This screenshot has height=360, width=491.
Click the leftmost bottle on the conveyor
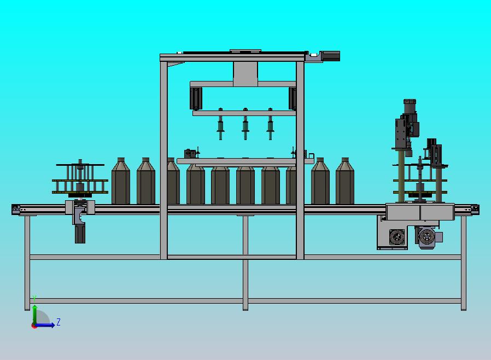(x=121, y=181)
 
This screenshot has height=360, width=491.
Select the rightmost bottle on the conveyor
(x=345, y=181)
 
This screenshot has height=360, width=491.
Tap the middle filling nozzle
(x=245, y=124)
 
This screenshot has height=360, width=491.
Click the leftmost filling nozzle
(x=220, y=124)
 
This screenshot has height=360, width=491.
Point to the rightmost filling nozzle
(x=270, y=124)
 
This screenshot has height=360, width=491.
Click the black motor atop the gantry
(x=329, y=56)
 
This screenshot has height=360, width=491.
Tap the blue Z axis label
(x=59, y=322)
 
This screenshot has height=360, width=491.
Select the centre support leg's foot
(x=245, y=309)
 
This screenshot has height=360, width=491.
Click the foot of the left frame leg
(x=27, y=309)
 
